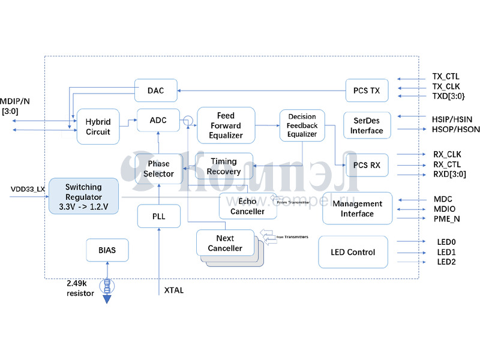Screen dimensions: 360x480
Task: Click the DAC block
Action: coord(157,91)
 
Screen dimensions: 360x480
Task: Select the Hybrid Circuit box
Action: coord(98,127)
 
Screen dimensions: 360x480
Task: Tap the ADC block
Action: coord(158,121)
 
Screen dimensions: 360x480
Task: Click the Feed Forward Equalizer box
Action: coord(226,125)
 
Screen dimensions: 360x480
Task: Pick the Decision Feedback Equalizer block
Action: coord(302,125)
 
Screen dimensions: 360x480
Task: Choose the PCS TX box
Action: coord(367,91)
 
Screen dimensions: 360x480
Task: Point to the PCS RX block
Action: coord(367,164)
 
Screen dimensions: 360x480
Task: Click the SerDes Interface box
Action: coord(367,126)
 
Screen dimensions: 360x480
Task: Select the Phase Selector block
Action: coord(158,169)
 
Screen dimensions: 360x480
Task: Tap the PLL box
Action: coord(158,216)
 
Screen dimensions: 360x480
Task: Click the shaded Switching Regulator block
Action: coord(83,197)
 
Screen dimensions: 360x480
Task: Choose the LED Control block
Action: coord(353,252)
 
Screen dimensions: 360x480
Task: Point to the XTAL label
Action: coord(174,291)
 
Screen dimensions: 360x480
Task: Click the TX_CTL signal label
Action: coord(445,77)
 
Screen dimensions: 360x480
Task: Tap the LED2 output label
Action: coord(446,262)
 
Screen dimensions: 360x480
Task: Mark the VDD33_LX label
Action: coord(28,189)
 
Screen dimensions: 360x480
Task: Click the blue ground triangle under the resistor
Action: coord(107,299)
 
